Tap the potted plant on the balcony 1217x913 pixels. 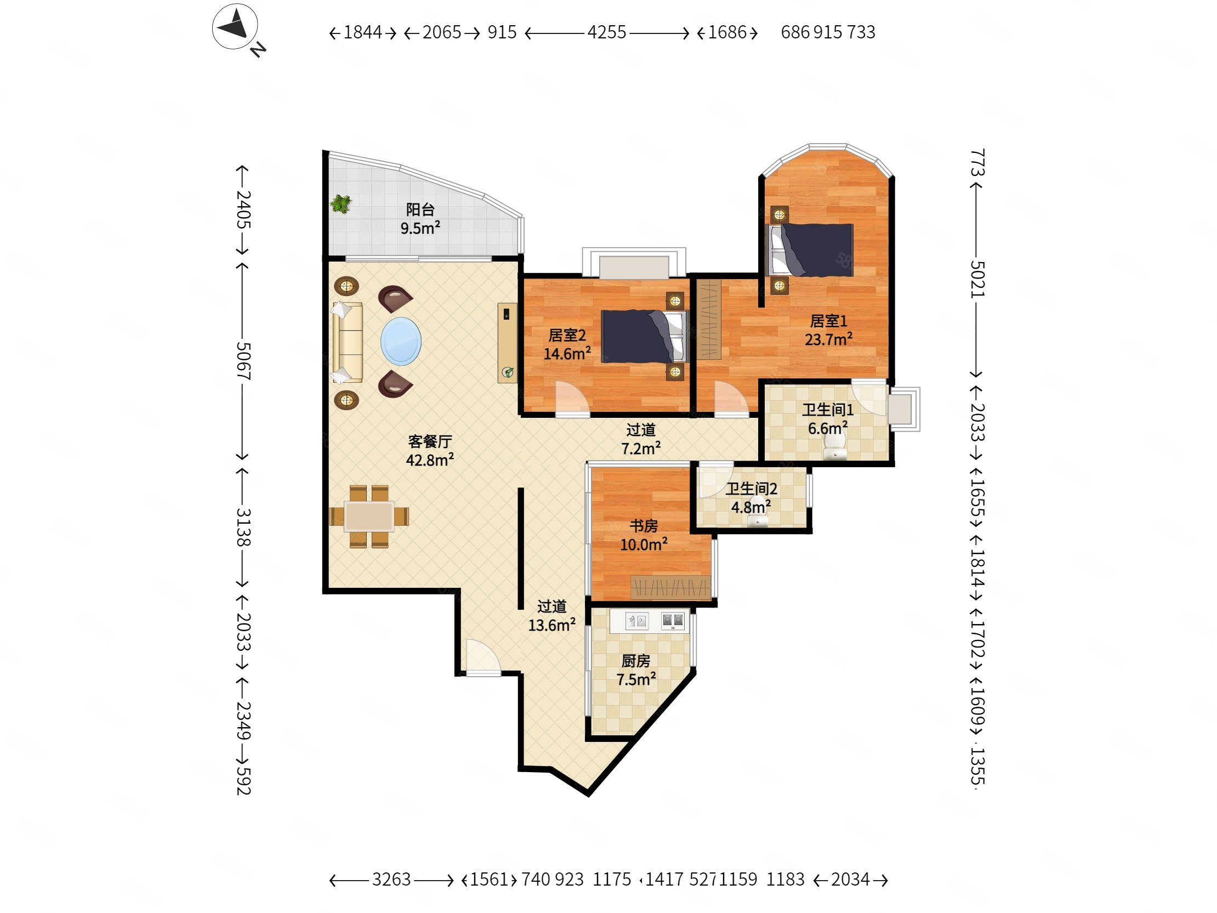(x=340, y=204)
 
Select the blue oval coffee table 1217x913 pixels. (x=401, y=341)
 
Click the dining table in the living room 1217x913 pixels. (x=368, y=516)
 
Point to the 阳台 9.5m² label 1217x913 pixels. (x=420, y=218)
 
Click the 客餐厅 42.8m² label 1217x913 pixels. (x=430, y=450)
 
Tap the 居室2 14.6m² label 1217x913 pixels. (x=567, y=344)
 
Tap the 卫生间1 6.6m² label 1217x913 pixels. (x=827, y=419)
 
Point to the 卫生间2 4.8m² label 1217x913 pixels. (x=751, y=497)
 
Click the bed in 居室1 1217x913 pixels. (x=810, y=250)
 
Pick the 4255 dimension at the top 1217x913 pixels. (x=607, y=32)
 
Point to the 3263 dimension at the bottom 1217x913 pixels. (x=391, y=880)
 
